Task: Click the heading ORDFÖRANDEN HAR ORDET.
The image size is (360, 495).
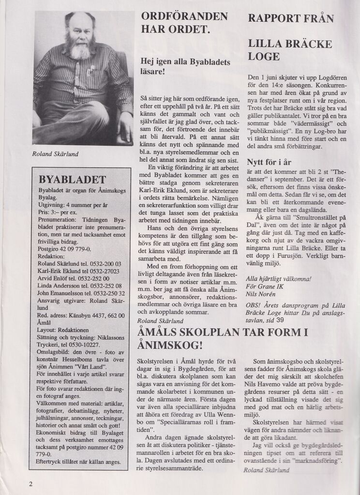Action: tap(184, 22)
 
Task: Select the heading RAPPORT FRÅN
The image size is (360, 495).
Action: tap(290, 18)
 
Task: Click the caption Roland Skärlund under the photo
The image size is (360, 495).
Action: tap(55, 153)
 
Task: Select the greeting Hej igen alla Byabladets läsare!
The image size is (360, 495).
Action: tap(185, 67)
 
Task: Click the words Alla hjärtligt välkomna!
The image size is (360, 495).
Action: tap(278, 279)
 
